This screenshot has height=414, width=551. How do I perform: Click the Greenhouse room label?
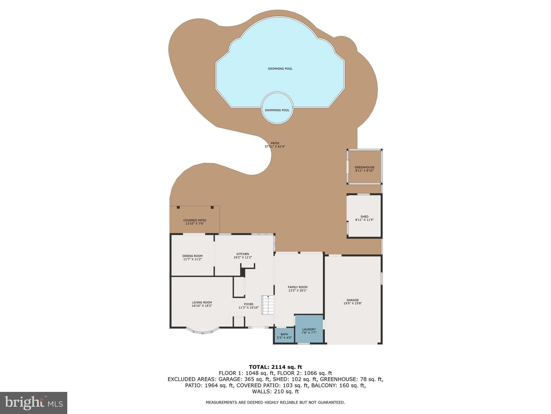pos(364,167)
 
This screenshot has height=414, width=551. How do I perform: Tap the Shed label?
pos(364,217)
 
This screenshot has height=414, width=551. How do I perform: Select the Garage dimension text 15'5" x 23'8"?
pos(352,303)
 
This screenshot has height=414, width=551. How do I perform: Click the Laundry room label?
pos(309,329)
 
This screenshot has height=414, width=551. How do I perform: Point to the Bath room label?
pos(284,334)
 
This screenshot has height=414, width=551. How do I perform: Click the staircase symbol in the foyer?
pos(268,305)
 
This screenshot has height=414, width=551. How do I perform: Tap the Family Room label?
pos(297,287)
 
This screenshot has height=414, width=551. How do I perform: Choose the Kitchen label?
pos(243,254)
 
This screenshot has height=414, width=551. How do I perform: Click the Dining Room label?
pos(192,256)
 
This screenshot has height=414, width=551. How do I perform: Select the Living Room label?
pos(202,302)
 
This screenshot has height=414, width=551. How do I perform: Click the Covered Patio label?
pos(195,220)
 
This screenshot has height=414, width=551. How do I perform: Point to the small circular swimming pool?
pos(277,108)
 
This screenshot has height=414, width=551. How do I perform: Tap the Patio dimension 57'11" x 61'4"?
pos(275,147)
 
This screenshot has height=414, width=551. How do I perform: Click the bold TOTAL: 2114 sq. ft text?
pos(275,367)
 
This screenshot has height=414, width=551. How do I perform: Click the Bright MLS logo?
pos(34,403)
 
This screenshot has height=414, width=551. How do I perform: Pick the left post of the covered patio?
pos(178,207)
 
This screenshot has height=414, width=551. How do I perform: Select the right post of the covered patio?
pos(212,207)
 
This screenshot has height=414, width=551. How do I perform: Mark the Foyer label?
pos(249,304)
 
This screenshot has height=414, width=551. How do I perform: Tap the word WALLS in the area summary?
pos(261,392)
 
